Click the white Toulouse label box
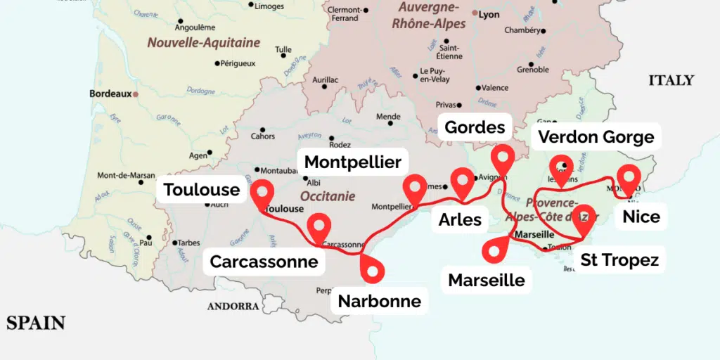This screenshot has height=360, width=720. coord(202,190)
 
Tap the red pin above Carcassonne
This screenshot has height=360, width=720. coord(319,226)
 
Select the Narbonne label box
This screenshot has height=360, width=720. coord(380,301)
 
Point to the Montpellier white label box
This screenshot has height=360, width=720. coord(353,162)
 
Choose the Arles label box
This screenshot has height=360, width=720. coord(460,219)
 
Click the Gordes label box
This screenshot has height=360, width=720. coord(475,127)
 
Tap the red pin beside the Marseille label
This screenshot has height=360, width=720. coord(499,247)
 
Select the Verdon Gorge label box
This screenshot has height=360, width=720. coord(596,136)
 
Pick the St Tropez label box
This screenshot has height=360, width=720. coord(619,260)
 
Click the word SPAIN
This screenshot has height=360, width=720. coord(36,323)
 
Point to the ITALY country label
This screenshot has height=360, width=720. coord(671,80)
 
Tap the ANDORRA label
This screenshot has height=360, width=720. coord(233,306)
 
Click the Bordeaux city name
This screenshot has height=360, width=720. coord(110,93)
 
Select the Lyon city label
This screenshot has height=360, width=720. coord(489,14)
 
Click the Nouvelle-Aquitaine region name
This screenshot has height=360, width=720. coord(203,43)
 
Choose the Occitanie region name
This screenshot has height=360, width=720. coord(328,196)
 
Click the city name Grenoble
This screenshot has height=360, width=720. coord(533,70)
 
